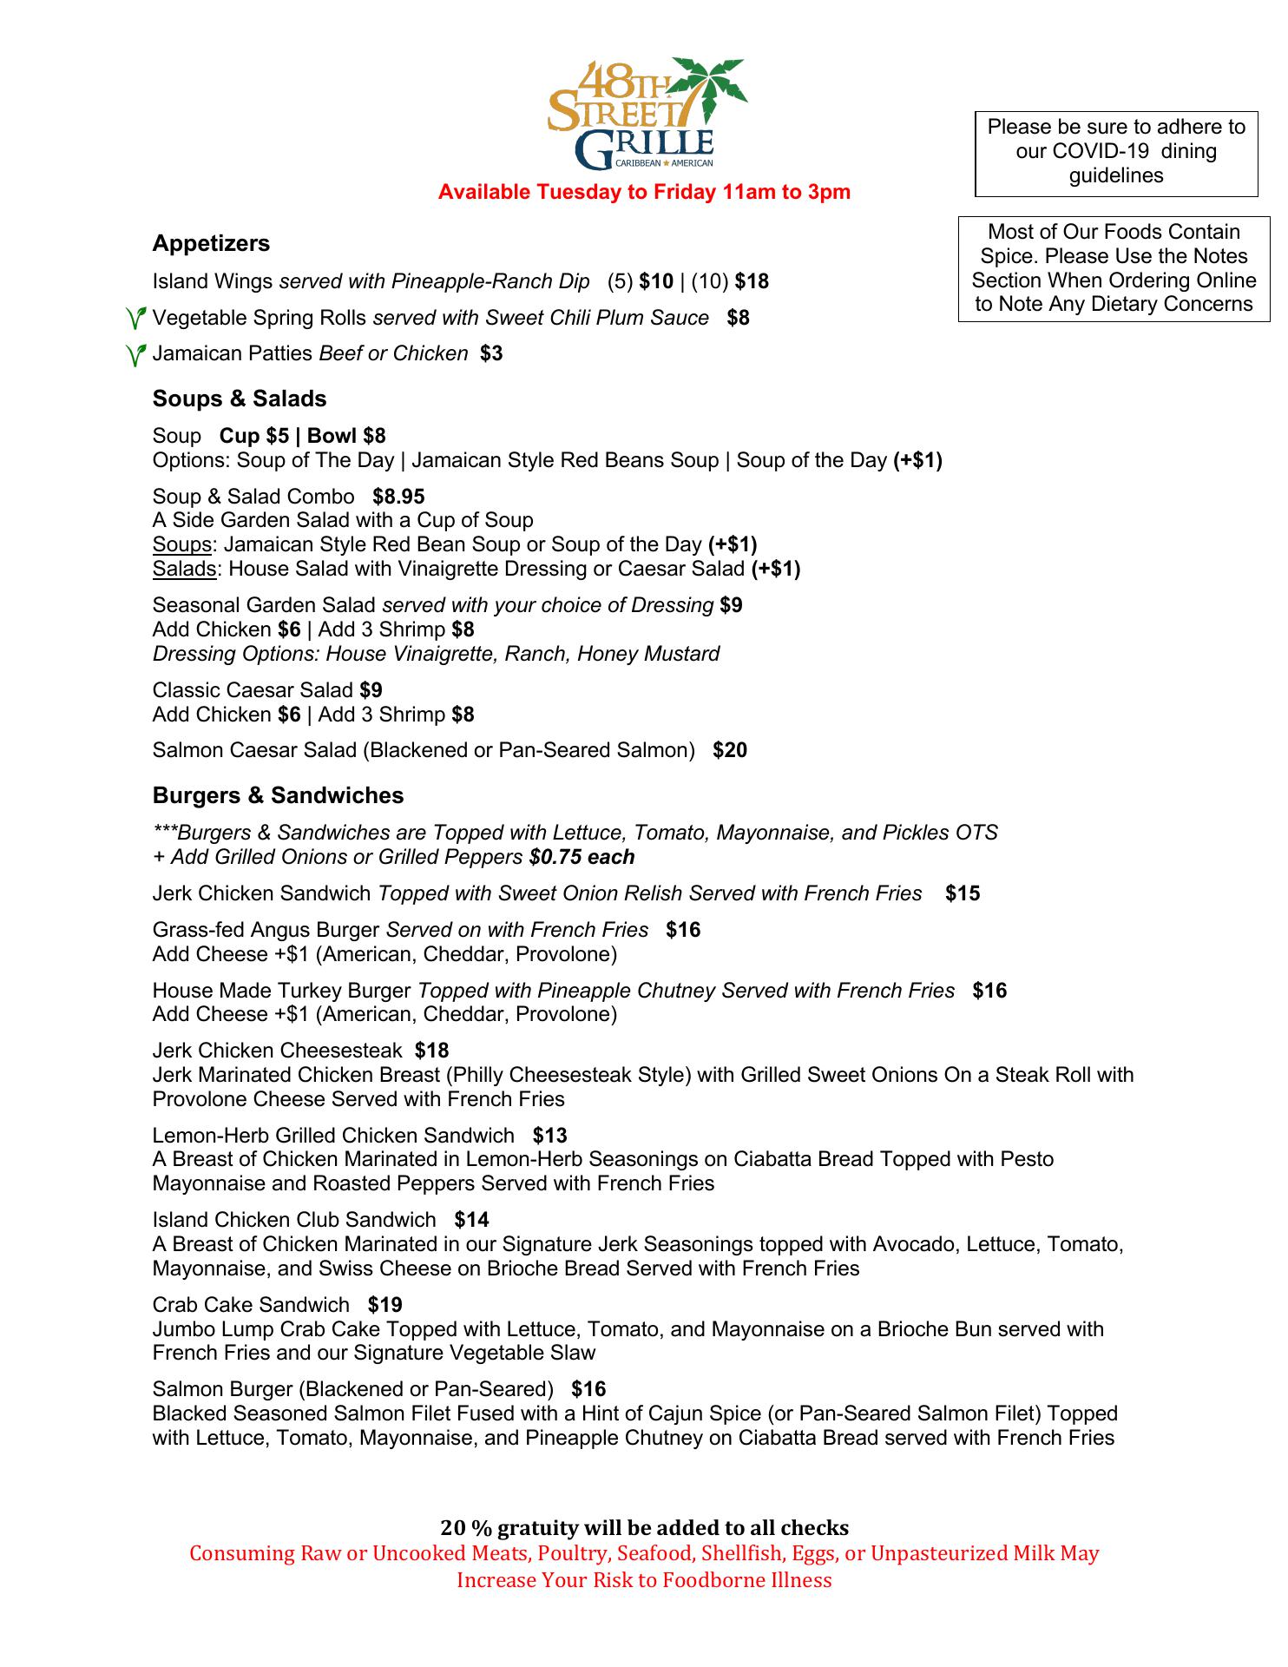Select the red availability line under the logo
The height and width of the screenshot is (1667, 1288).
coord(644,192)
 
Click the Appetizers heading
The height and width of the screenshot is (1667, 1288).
coord(211,243)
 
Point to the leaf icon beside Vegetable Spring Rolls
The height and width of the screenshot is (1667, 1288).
coord(135,319)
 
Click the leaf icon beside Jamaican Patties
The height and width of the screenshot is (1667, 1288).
coord(135,354)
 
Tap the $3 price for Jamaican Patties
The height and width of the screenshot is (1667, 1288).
coord(491,353)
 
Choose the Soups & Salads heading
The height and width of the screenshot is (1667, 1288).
coord(240,399)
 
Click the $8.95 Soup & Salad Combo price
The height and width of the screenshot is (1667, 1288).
coord(398,497)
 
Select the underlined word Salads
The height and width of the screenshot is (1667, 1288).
coord(184,569)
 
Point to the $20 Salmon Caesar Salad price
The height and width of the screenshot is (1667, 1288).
coord(730,750)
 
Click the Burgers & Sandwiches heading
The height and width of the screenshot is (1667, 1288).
coord(278,795)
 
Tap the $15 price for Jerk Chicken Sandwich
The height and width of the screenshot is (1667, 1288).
coord(963,893)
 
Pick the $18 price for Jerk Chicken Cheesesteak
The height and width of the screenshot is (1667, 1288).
coord(431,1051)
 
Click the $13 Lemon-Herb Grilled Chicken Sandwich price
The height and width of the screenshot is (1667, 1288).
coord(549,1136)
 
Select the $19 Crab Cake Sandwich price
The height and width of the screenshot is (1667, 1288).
coord(384,1305)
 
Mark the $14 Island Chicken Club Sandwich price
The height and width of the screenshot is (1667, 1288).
coord(471,1220)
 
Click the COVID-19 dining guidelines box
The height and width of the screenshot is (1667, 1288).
coord(1116,152)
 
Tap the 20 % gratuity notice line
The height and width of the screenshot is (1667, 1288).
coord(644,1527)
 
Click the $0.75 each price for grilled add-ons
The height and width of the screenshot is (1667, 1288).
coord(582,857)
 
